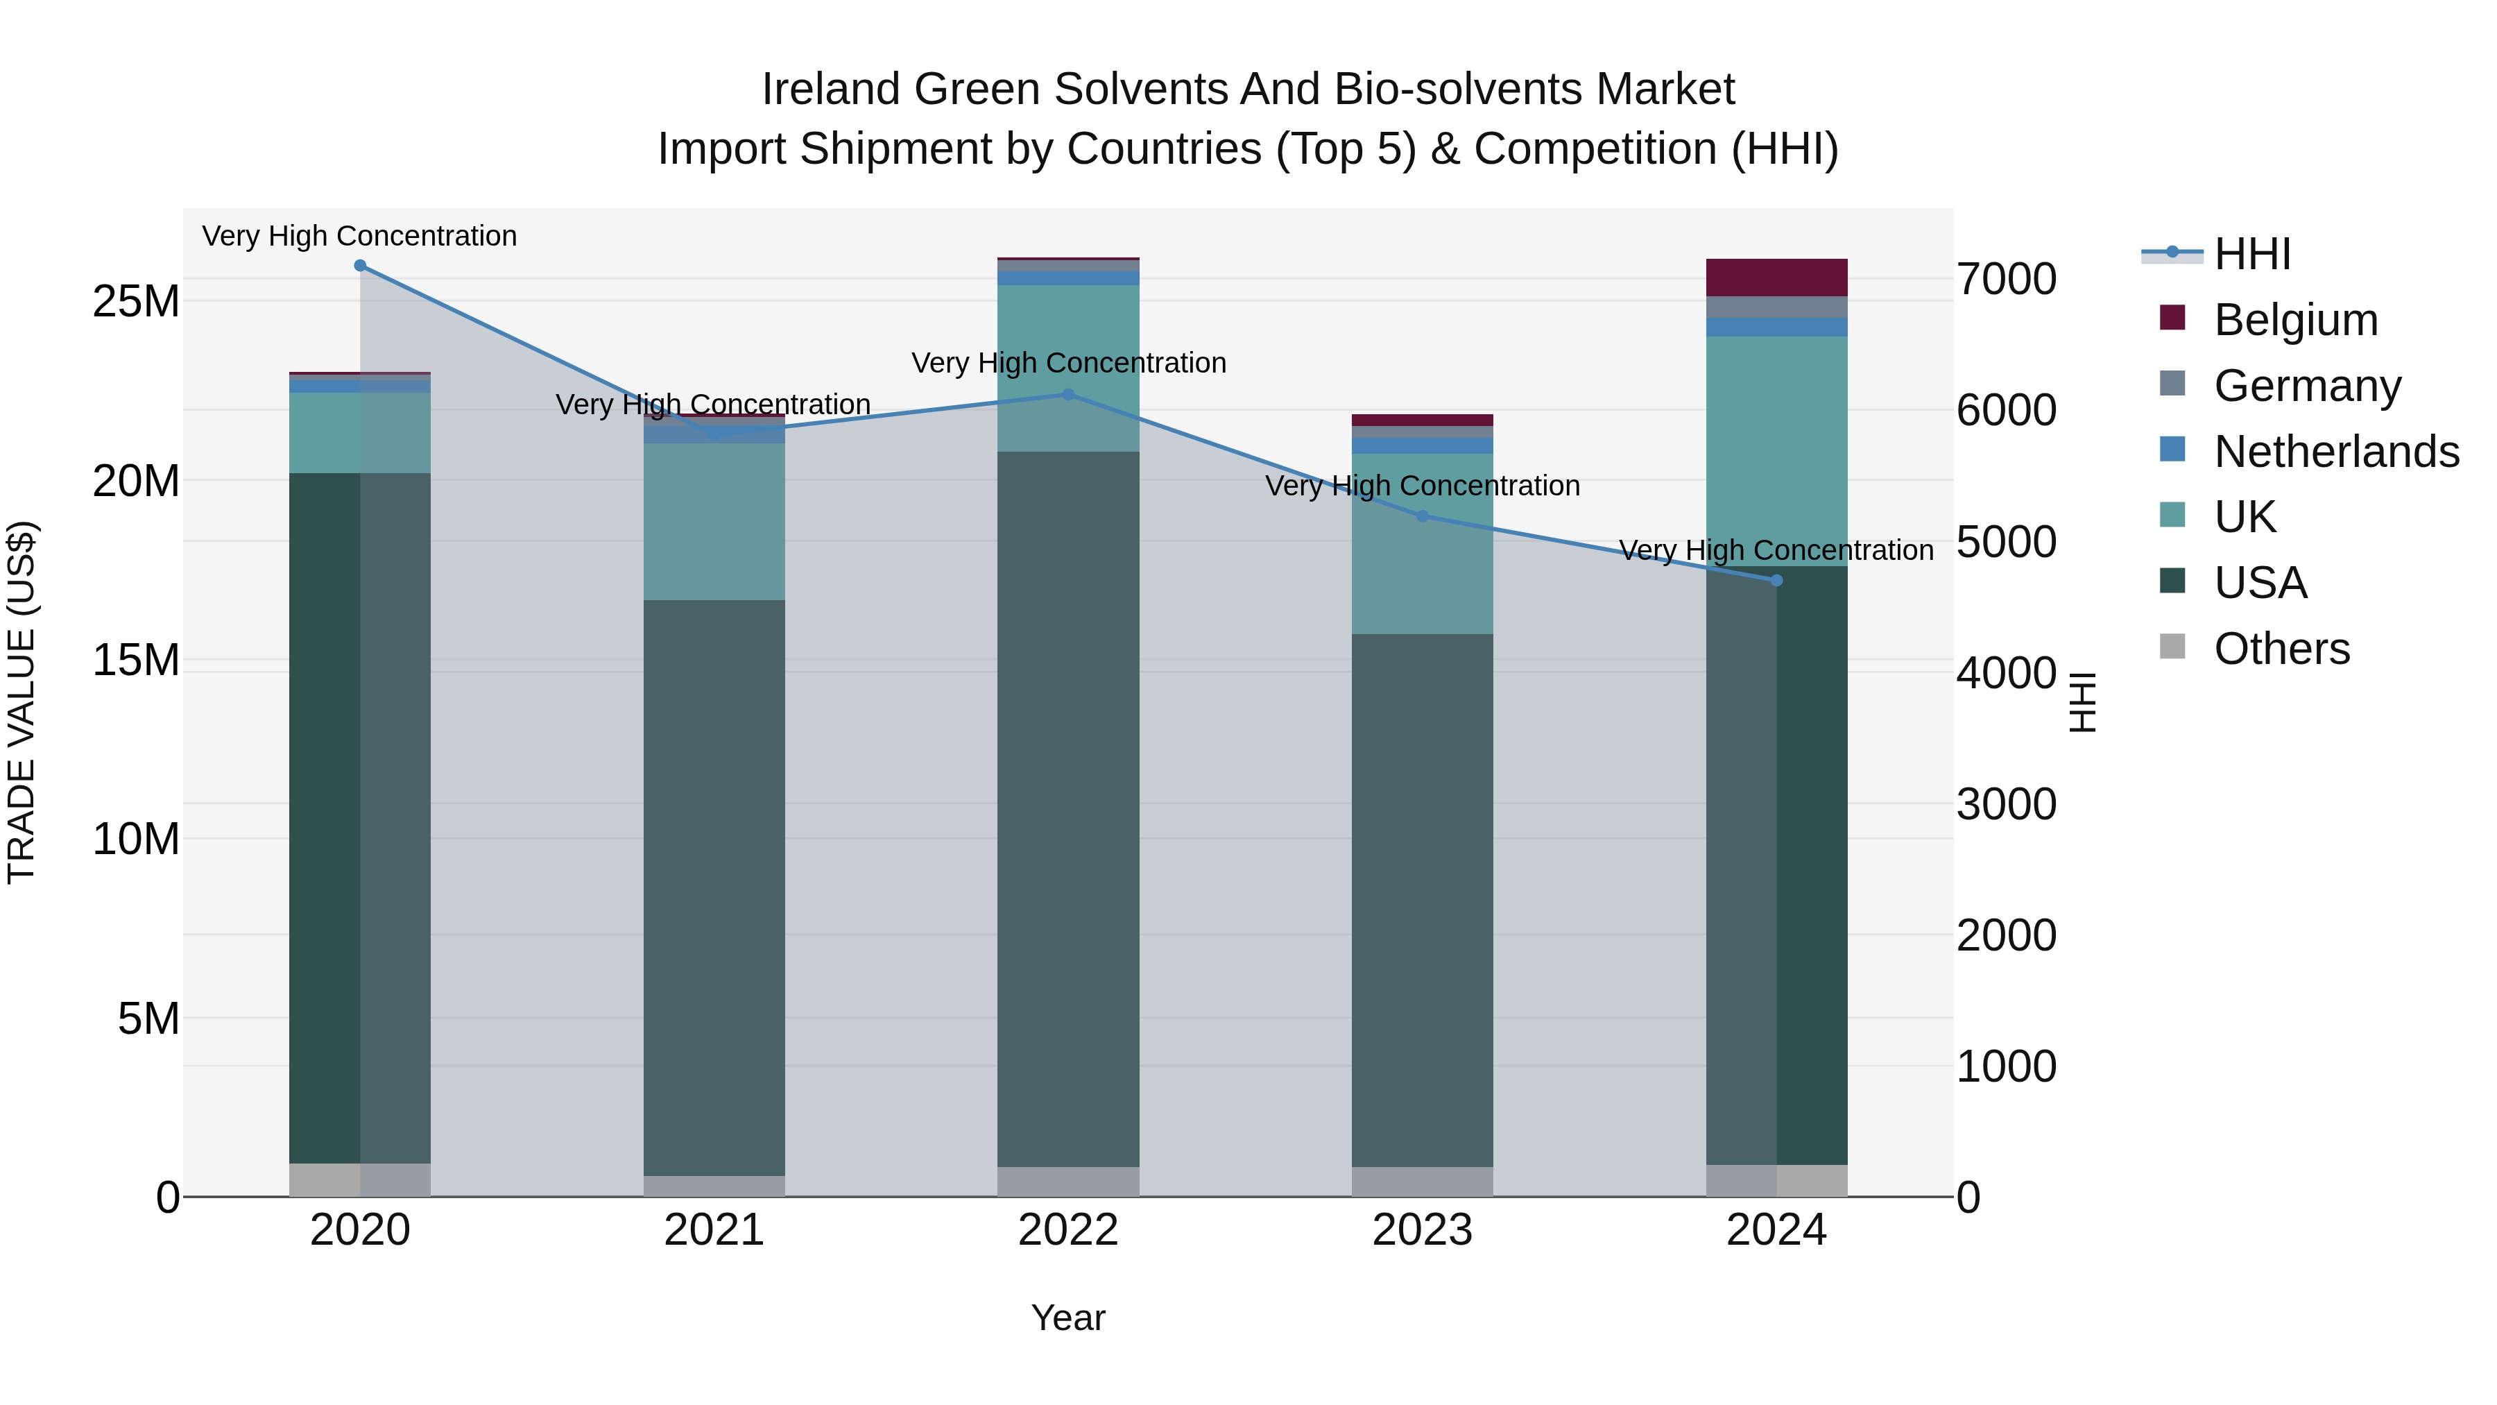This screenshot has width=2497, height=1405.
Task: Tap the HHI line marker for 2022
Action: [x=1068, y=395]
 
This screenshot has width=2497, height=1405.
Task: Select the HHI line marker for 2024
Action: [x=1777, y=581]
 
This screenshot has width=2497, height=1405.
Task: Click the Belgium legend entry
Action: [x=2295, y=320]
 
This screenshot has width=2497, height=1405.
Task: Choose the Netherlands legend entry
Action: [x=2336, y=452]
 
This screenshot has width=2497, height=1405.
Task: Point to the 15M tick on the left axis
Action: [x=136, y=661]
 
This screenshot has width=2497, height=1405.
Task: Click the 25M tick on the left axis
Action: [x=136, y=302]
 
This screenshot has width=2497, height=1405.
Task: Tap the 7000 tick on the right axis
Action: [x=2005, y=279]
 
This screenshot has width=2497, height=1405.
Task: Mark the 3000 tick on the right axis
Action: [x=2005, y=804]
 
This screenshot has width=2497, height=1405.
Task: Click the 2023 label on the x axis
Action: [x=1422, y=1230]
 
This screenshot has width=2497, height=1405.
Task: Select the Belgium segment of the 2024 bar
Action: [x=1777, y=278]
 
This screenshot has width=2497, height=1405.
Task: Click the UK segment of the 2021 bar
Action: [x=714, y=522]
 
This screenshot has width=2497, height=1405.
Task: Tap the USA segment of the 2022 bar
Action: [x=1068, y=809]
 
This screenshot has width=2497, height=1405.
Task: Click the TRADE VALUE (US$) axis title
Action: [x=22, y=702]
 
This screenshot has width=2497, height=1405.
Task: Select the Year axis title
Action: [x=1068, y=1318]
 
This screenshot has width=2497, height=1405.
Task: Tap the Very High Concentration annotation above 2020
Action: [x=359, y=236]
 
